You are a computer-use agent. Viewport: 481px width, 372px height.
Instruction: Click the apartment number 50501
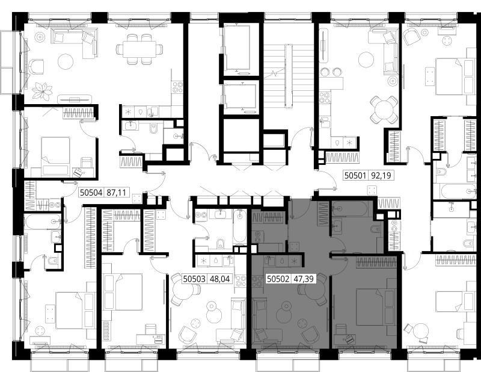[x=355, y=175]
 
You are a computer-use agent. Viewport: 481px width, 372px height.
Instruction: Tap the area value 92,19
[x=381, y=175]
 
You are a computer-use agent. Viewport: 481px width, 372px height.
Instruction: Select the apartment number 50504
[x=91, y=192]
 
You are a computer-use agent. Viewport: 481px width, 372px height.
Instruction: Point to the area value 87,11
[x=116, y=192]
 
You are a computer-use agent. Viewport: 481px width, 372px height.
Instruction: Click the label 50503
[x=194, y=279]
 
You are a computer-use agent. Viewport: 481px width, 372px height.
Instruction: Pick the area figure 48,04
[x=219, y=279]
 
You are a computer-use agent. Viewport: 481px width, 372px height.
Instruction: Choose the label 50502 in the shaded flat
[x=278, y=279]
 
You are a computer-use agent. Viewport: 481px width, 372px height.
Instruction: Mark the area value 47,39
[x=304, y=279]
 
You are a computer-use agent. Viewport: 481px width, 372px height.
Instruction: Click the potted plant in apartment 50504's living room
[x=43, y=91]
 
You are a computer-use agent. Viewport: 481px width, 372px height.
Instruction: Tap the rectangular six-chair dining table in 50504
[x=139, y=49]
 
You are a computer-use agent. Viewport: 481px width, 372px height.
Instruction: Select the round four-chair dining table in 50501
[x=383, y=110]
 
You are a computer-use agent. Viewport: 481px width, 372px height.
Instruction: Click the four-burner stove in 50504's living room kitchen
[x=177, y=86]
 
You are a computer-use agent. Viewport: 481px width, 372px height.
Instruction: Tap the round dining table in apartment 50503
[x=185, y=290]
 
